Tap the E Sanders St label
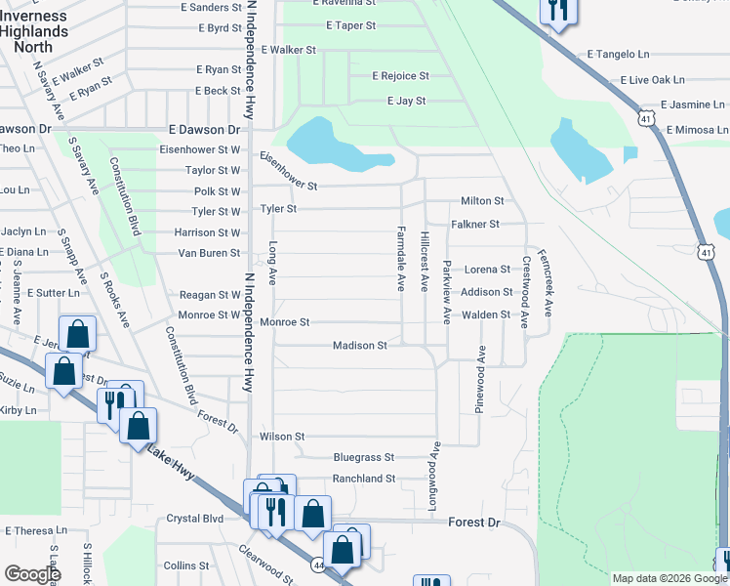(x=211, y=8)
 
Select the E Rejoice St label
(x=400, y=76)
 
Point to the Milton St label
(x=482, y=201)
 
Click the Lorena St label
(x=487, y=270)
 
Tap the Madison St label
(x=360, y=346)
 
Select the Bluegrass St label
(x=363, y=457)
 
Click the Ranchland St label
(x=363, y=480)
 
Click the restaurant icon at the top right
(x=558, y=11)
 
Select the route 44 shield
(x=318, y=565)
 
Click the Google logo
(x=32, y=574)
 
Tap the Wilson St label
(x=282, y=437)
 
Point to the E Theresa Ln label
(x=35, y=531)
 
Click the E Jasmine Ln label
(x=693, y=105)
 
